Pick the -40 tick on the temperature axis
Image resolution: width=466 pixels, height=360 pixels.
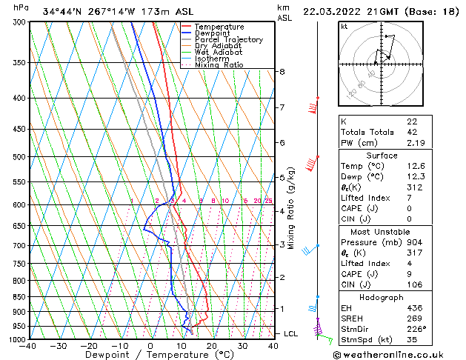(x=28, y=345)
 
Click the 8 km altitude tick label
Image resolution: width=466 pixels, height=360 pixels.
(x=282, y=72)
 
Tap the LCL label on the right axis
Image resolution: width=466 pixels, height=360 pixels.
(x=290, y=334)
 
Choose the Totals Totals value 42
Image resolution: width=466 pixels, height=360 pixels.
(x=412, y=132)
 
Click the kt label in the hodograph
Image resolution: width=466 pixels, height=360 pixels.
(x=344, y=26)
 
